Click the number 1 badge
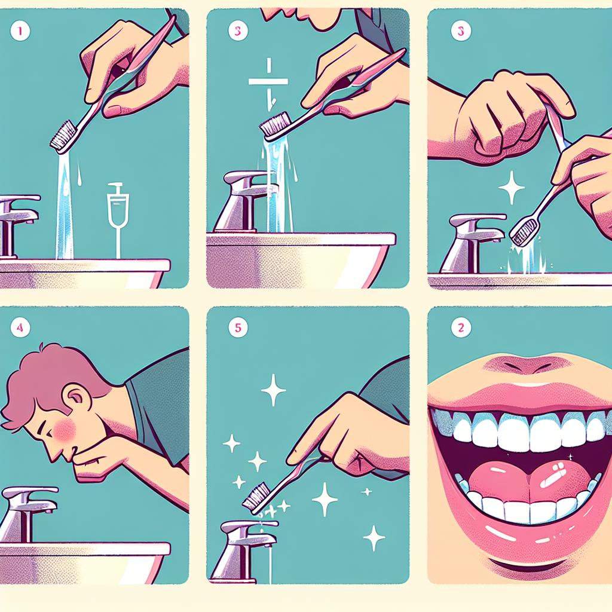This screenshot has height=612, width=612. (20, 31)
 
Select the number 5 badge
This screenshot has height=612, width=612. (238, 328)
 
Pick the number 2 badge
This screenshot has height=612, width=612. (461, 327)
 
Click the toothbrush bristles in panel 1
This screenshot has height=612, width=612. (62, 135)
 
